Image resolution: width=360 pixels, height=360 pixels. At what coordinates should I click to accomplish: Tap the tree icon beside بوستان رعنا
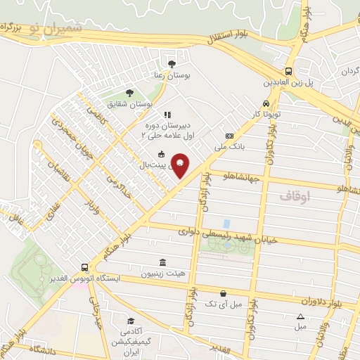pos(172,64)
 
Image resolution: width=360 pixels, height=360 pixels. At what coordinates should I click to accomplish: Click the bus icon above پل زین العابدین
pos(288,72)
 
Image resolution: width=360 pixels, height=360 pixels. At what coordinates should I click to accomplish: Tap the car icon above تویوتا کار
pos(266,104)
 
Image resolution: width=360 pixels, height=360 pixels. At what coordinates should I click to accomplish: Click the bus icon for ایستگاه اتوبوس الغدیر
pos(84,268)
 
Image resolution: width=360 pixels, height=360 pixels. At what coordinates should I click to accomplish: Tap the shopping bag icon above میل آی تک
pos(223,293)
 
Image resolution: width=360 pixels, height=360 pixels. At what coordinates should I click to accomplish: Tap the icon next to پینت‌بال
pos(161,155)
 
